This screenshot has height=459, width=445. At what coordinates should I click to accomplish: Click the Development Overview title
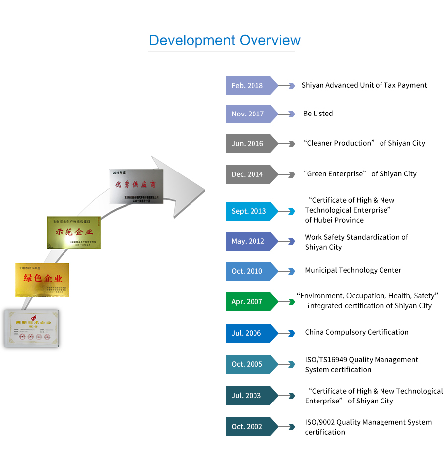point(225,40)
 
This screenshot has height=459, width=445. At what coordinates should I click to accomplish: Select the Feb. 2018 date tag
point(248,86)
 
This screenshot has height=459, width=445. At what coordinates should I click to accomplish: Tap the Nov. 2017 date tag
point(248,114)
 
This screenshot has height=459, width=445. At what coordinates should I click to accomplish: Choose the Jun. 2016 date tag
point(248,144)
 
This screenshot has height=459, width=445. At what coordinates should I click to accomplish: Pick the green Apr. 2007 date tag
point(248,302)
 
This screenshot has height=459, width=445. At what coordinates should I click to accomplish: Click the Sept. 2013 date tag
point(249,211)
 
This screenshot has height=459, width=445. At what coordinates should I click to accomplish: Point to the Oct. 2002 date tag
point(248,427)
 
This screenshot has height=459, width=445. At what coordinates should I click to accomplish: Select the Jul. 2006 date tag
point(248,333)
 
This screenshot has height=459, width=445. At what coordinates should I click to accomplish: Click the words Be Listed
point(318,114)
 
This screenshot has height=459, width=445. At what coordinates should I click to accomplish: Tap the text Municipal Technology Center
point(353,270)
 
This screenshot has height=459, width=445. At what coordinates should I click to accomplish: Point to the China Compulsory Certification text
point(357,332)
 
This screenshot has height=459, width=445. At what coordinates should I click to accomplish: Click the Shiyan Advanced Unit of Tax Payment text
point(364,85)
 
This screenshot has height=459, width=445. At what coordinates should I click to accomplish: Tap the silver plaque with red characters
point(136,186)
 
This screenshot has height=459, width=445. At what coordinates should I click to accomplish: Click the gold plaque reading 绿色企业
point(43,280)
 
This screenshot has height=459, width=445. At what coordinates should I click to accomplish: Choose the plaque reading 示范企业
point(73,232)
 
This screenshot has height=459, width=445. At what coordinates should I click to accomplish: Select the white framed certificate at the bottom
point(31,328)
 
